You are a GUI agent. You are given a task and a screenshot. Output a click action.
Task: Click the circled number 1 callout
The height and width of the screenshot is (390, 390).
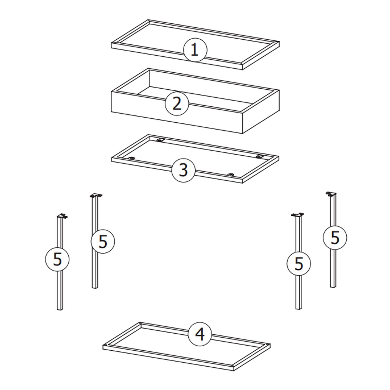(x=195, y=50)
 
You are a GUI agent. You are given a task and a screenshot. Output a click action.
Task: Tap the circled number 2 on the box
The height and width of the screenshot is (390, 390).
(x=177, y=104)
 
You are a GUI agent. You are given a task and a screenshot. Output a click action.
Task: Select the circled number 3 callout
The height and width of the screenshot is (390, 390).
(x=184, y=170)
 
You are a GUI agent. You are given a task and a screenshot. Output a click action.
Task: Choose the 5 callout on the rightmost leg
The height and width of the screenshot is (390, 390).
(x=335, y=238)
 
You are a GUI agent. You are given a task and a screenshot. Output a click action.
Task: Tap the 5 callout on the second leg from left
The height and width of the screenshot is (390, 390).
(x=103, y=241)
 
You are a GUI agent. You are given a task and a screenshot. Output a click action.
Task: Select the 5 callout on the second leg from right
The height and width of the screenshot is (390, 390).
(x=299, y=264)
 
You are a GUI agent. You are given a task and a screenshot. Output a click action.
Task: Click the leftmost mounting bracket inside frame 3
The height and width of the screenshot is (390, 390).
(x=131, y=158)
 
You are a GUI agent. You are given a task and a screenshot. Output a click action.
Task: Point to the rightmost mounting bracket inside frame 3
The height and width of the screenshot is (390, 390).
(x=259, y=157)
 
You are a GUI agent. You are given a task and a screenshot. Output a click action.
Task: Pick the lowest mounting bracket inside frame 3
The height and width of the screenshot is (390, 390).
(x=231, y=175)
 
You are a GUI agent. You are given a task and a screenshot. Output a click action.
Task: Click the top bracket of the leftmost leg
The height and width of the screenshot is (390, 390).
(x=62, y=216)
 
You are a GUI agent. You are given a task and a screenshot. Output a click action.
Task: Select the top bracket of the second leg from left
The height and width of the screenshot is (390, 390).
(x=96, y=195)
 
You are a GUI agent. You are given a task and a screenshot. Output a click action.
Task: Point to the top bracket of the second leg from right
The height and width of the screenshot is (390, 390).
(x=297, y=215)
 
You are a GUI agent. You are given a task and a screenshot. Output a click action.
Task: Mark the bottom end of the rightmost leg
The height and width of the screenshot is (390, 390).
(x=333, y=287)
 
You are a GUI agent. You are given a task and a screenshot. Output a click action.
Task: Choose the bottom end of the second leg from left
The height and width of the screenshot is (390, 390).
(x=95, y=287)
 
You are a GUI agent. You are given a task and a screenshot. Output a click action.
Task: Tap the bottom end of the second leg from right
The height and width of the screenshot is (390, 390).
(x=299, y=308)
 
